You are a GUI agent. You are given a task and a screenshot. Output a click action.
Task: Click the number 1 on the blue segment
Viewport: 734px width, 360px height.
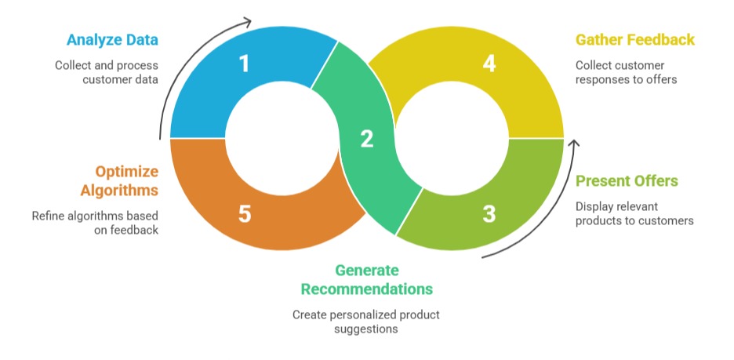(x=244, y=63)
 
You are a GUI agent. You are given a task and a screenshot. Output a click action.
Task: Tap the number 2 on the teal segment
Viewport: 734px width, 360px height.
(x=367, y=139)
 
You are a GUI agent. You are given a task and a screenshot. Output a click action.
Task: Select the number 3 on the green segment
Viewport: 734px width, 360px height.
(x=489, y=213)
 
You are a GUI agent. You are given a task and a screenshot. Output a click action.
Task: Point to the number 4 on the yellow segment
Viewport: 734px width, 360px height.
(x=489, y=63)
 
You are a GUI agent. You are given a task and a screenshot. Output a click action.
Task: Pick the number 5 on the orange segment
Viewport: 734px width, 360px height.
(x=244, y=213)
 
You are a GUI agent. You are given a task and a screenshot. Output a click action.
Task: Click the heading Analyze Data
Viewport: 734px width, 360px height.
(x=112, y=39)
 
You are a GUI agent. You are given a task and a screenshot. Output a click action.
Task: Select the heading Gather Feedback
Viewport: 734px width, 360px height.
(x=635, y=39)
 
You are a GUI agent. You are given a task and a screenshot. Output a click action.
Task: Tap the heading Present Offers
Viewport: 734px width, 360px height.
(x=627, y=181)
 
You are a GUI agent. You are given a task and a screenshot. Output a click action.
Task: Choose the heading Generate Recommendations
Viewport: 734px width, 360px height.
(x=367, y=279)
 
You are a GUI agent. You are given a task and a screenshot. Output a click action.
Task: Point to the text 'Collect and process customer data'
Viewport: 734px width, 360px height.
(x=107, y=72)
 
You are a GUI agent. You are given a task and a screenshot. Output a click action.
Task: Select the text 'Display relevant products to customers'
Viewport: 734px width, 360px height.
(x=634, y=213)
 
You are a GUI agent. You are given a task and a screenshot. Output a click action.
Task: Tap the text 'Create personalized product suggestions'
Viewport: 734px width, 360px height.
(x=366, y=322)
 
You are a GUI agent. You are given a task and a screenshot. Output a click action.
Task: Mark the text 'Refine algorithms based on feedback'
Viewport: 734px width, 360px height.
(x=95, y=223)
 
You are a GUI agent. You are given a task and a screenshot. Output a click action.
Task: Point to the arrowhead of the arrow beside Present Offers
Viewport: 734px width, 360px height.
(x=573, y=144)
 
